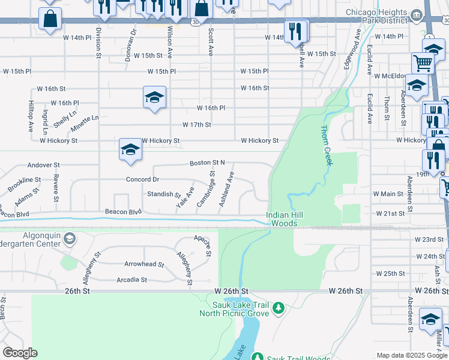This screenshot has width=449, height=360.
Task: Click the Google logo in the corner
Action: [20, 352]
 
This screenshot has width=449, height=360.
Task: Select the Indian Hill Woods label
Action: [282, 219]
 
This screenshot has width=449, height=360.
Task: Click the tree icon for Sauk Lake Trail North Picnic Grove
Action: [278, 308]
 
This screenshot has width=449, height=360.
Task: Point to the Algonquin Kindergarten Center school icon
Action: [69, 239]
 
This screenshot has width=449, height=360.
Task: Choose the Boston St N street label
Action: [207, 163]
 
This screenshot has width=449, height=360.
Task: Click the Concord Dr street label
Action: [142, 179]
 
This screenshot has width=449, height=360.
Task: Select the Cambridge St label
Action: [205, 189]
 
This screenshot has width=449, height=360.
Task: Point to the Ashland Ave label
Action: [226, 190]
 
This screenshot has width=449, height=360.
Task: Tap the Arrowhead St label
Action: [144, 264]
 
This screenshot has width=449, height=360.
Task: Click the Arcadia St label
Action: [132, 280]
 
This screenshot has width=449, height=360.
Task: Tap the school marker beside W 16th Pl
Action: [154, 97]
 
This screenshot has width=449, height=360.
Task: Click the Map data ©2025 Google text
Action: [411, 355]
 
